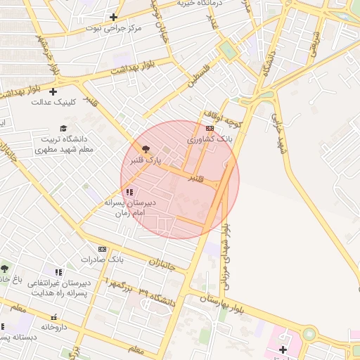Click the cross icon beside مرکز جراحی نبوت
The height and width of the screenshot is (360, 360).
pyautogui.click(x=114, y=17)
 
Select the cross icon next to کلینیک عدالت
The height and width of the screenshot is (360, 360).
pyautogui.click(x=53, y=91)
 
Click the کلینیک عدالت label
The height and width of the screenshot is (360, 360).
pyautogui.click(x=53, y=102)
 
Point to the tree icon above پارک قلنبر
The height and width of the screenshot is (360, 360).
pyautogui.click(x=146, y=149)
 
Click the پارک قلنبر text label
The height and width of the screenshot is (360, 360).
pyautogui.click(x=144, y=161)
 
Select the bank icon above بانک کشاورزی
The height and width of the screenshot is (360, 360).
pyautogui.click(x=209, y=129)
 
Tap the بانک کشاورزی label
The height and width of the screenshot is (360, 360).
pyautogui.click(x=210, y=141)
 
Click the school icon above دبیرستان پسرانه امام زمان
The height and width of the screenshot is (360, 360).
pyautogui.click(x=129, y=191)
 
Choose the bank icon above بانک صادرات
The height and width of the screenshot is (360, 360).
pyautogui.click(x=102, y=249)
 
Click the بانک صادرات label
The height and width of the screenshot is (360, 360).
pyautogui.click(x=102, y=259)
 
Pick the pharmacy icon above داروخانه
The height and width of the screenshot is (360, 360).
pyautogui.click(x=53, y=316)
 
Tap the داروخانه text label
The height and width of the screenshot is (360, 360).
pyautogui.click(x=53, y=327)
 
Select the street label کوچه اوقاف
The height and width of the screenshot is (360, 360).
pyautogui.click(x=224, y=117)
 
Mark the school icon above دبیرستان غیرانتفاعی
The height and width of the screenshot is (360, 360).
pyautogui.click(x=58, y=272)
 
